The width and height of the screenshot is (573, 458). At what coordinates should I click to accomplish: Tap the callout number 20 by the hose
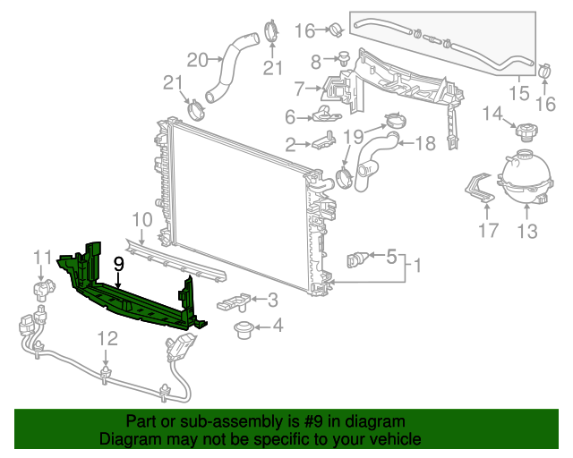[197, 60]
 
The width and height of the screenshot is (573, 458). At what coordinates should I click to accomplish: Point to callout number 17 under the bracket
[488, 232]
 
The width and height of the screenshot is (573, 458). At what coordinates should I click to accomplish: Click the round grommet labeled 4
[241, 332]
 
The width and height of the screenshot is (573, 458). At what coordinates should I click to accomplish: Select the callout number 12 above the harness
[107, 338]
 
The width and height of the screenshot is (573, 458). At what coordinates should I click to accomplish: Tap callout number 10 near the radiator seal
[142, 220]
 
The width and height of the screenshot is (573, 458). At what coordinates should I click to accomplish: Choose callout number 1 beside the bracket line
[415, 266]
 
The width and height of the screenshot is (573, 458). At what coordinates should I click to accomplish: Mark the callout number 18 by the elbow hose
[424, 143]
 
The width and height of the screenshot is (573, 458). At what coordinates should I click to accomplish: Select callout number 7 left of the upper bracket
[300, 88]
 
